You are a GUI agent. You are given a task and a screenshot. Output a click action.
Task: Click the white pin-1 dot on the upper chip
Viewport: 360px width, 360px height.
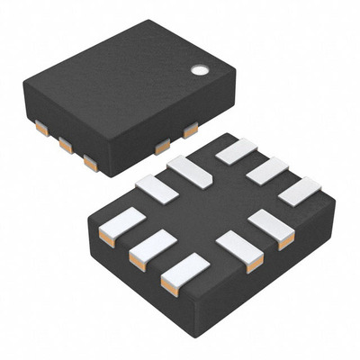[199, 68]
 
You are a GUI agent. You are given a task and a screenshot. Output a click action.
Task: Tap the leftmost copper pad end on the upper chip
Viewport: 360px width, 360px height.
[41, 129]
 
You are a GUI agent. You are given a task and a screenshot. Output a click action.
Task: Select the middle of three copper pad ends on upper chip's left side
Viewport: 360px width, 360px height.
[66, 145]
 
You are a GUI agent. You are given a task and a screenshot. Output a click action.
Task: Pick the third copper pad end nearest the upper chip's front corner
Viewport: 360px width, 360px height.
[90, 163]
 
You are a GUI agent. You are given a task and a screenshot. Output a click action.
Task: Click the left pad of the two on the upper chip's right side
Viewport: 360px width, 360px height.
[162, 147]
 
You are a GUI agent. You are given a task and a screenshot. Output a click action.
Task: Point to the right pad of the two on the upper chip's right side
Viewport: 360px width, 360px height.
[191, 131]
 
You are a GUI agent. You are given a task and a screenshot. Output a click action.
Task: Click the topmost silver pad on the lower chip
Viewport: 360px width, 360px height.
[237, 150]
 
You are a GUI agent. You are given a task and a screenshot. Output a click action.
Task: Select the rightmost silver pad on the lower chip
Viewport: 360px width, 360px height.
[300, 190]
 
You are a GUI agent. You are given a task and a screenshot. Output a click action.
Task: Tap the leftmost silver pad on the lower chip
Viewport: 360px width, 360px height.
[121, 225]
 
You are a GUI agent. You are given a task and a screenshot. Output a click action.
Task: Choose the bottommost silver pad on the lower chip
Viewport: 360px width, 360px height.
[184, 274]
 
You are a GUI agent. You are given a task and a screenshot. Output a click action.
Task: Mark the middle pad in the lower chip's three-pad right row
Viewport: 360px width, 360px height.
[268, 170]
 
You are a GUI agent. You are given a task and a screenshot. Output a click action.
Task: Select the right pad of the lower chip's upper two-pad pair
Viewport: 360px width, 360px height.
[190, 171]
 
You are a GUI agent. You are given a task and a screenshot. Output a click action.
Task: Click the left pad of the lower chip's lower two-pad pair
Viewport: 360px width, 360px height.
[240, 249]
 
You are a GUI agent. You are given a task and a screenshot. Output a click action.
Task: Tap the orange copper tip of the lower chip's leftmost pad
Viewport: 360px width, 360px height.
[106, 238]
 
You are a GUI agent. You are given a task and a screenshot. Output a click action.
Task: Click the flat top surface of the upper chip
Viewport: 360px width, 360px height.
[126, 85]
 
